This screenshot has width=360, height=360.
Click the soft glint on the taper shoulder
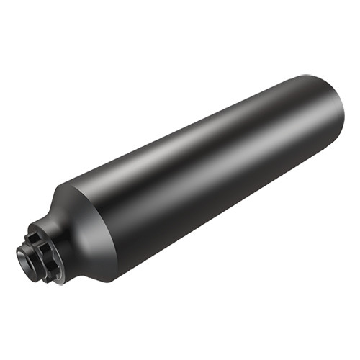[x=72, y=209]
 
